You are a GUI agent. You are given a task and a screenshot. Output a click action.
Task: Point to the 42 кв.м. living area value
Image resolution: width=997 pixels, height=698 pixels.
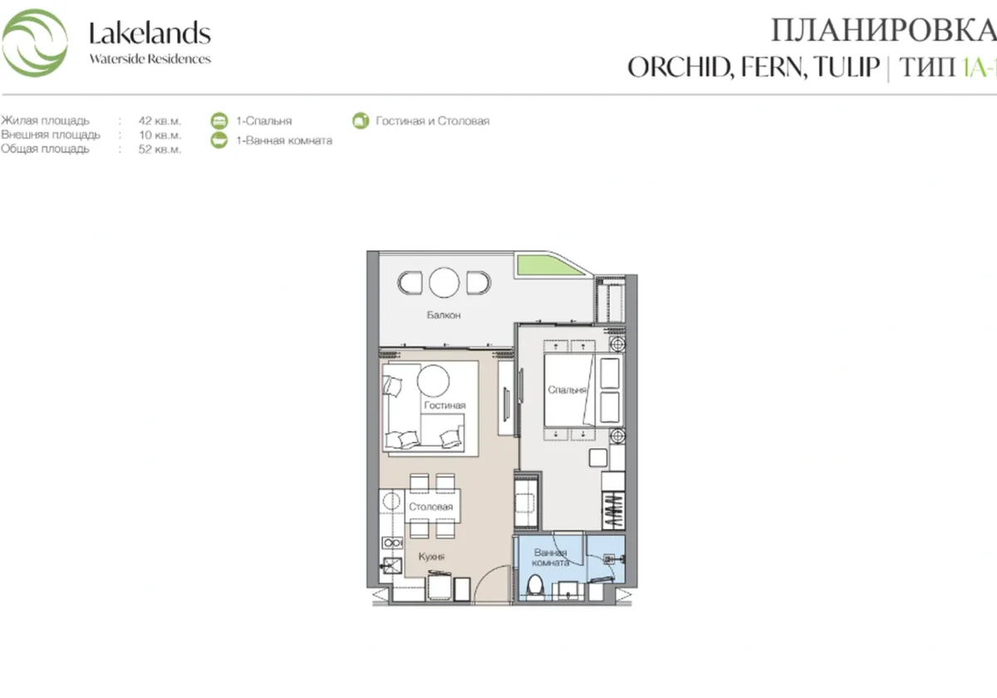click(x=160, y=120)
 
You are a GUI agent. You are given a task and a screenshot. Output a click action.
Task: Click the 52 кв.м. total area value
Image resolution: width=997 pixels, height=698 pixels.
click(x=160, y=150)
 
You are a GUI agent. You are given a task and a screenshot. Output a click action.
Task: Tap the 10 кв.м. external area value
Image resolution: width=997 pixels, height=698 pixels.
click(x=160, y=135)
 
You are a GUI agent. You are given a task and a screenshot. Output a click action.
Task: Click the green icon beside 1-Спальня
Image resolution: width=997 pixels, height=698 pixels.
click(x=219, y=120)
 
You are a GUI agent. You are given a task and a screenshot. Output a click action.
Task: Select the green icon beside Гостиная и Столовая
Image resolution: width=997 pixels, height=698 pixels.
click(x=360, y=121)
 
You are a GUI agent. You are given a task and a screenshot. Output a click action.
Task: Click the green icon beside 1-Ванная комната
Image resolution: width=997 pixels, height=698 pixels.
click(x=219, y=140)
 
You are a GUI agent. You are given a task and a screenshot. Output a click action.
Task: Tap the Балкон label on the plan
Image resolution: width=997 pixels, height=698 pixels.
click(x=444, y=316)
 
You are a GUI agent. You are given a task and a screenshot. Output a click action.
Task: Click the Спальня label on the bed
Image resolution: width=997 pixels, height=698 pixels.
click(x=567, y=389)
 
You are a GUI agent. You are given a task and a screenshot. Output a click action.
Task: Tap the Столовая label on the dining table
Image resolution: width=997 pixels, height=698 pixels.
click(x=430, y=507)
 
